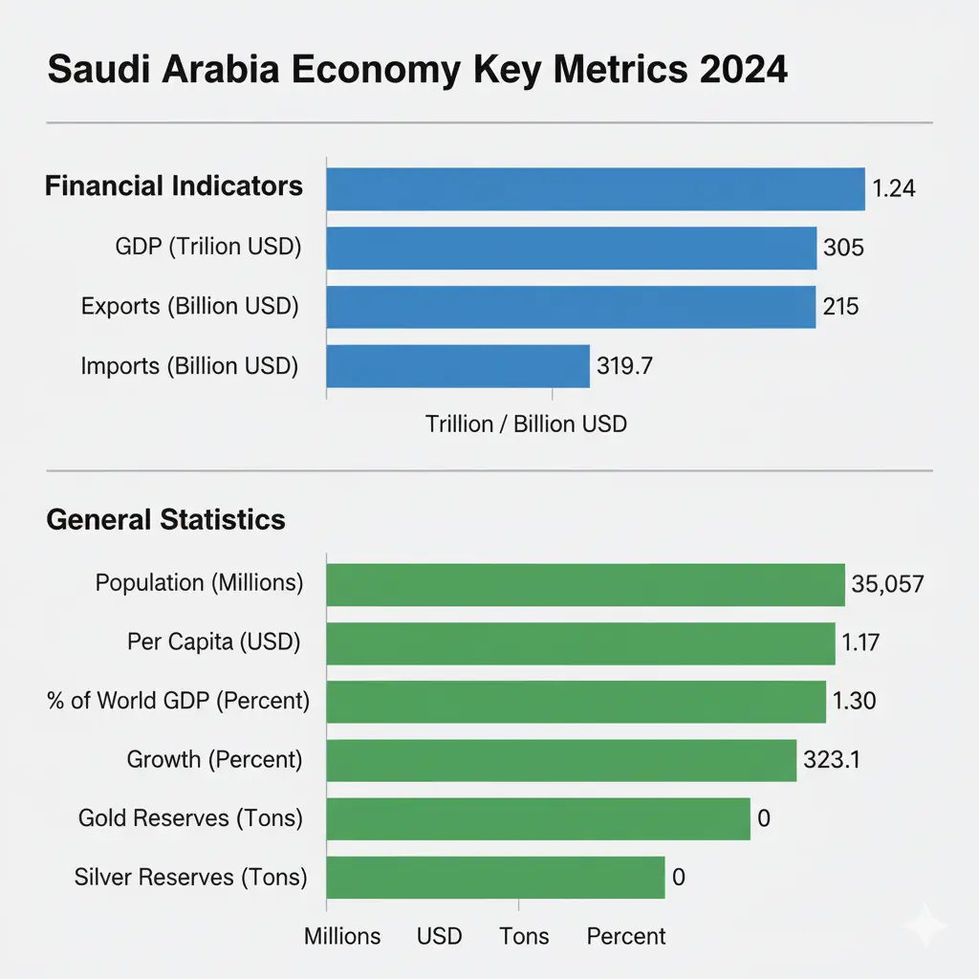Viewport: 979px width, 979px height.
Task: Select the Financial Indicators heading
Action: click(x=174, y=185)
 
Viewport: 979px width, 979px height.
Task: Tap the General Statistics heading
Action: click(x=165, y=520)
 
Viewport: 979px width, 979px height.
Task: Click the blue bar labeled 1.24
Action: click(x=595, y=188)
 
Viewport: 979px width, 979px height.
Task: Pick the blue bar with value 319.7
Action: click(x=458, y=365)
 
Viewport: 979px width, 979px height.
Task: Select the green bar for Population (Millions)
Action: click(x=585, y=584)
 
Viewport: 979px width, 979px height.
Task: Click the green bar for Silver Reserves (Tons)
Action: click(x=495, y=877)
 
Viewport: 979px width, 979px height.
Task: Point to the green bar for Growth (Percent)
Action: click(x=561, y=760)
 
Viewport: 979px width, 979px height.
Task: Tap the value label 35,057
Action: click(x=887, y=584)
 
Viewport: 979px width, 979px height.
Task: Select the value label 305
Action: click(x=843, y=249)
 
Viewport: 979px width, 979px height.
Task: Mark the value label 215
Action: click(x=841, y=307)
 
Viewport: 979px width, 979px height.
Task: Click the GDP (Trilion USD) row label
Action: click(x=207, y=248)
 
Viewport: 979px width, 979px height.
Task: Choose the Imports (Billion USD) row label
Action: click(x=189, y=365)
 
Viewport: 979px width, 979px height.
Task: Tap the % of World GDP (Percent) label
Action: click(x=178, y=701)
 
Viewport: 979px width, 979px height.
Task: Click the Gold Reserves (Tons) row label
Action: click(x=190, y=818)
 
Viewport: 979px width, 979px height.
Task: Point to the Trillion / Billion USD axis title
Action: click(x=526, y=424)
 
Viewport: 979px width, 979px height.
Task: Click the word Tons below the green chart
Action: click(x=524, y=936)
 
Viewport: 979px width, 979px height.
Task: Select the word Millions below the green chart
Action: click(x=342, y=936)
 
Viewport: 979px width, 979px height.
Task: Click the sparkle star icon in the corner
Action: click(x=926, y=925)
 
